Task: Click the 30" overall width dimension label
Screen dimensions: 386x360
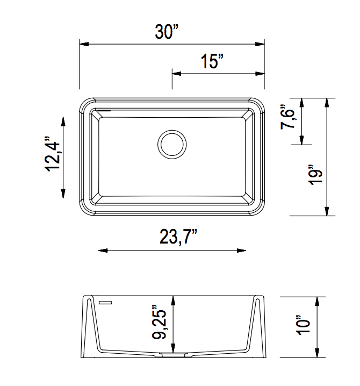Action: pos(167,32)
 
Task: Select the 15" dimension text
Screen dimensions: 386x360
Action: pos(212,61)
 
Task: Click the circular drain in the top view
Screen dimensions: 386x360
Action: pos(172,144)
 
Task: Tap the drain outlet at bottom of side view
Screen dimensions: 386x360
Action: pos(172,355)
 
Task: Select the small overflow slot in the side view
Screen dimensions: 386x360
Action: pos(104,302)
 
